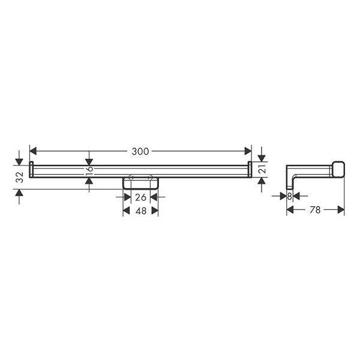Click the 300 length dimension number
click(x=140, y=151)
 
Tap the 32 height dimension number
click(x=19, y=176)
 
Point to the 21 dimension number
click(x=262, y=170)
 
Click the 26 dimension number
click(x=140, y=197)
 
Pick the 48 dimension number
click(x=140, y=211)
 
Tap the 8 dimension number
click(x=289, y=196)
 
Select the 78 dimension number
click(x=315, y=210)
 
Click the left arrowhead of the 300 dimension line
click(x=34, y=151)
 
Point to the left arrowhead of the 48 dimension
click(x=127, y=211)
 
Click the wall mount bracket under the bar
click(x=140, y=183)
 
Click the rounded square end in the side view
click(x=338, y=169)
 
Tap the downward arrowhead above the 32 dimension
click(x=19, y=158)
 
